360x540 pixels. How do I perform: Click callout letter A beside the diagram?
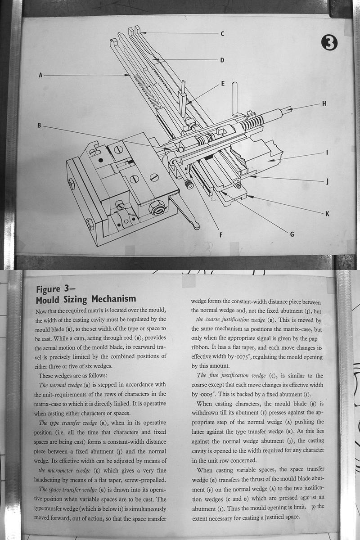coord(40,76)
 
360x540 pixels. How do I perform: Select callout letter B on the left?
coord(39,126)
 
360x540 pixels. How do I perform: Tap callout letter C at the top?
coord(222,34)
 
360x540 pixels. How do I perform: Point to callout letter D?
coord(222,60)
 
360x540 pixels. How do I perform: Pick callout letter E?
coord(222,84)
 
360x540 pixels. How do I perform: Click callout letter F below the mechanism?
coord(221,234)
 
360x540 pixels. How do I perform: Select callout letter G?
coord(292,234)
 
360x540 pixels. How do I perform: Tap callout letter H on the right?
coord(324,104)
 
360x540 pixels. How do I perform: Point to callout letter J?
coord(327,182)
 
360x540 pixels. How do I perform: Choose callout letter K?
coord(327,213)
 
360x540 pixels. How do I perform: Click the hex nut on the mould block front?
coord(157,207)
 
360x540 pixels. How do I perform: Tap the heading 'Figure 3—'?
coord(54,289)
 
